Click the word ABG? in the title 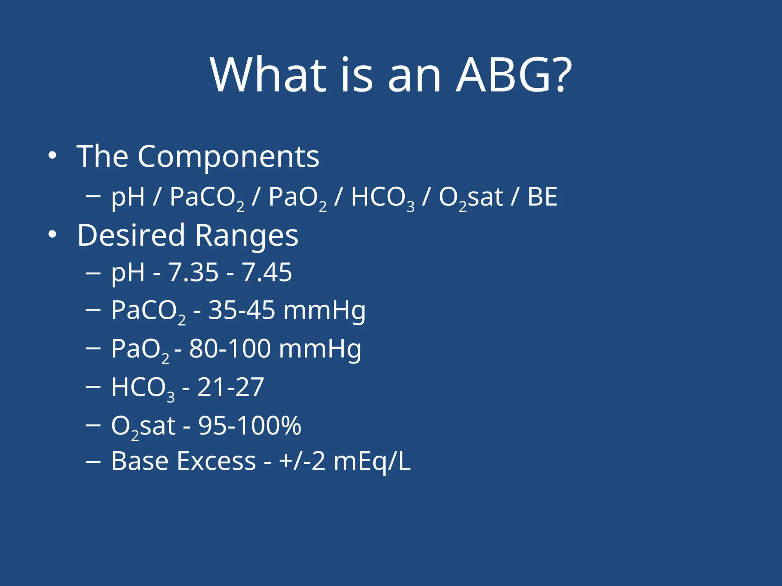coord(514,75)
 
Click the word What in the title coord(268,75)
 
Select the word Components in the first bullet coord(228,157)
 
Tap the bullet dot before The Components coord(52,156)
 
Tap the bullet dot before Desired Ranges coord(52,235)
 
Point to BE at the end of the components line coord(542,197)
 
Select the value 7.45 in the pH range coord(267,273)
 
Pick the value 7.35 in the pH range coord(193,273)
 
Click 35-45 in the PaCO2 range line coord(241,310)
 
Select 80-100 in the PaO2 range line coord(230,349)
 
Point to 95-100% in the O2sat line coord(250,426)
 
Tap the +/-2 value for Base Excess coord(302,462)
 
